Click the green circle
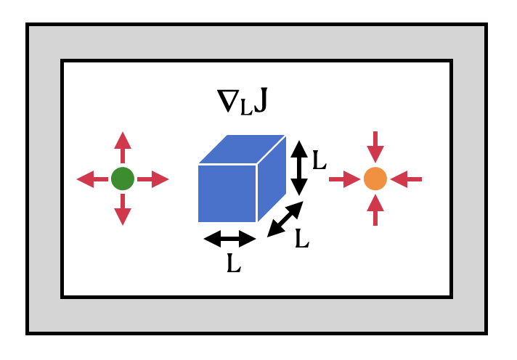(x=123, y=179)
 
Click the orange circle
(x=375, y=179)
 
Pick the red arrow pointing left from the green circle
(x=92, y=179)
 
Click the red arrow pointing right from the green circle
(x=153, y=179)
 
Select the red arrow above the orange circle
(x=375, y=147)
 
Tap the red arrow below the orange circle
(x=375, y=210)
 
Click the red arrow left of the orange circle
(x=345, y=179)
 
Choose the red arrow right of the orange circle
(x=407, y=179)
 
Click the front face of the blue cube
(x=227, y=193)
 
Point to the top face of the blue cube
(x=243, y=149)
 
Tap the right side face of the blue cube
(x=272, y=177)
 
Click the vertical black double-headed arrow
(x=299, y=168)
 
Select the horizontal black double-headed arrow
(x=230, y=238)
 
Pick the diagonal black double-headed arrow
(x=285, y=219)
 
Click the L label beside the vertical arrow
(x=319, y=160)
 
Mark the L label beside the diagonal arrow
(x=302, y=239)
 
